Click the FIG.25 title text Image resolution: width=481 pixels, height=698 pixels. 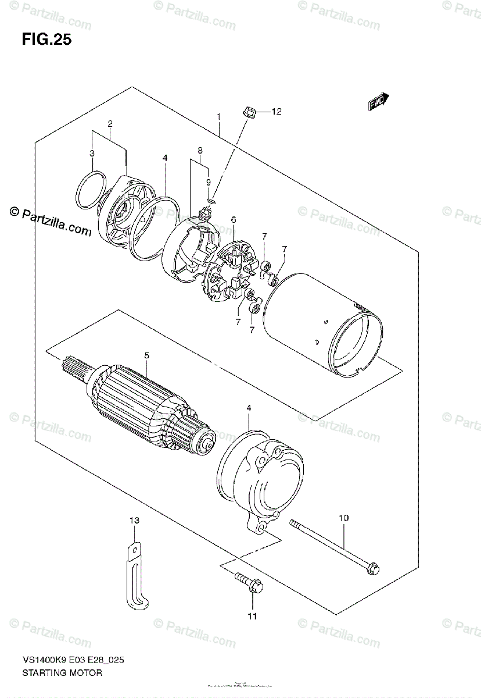(46, 40)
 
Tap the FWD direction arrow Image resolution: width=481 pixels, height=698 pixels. (378, 102)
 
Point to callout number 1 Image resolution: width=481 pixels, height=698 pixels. (218, 117)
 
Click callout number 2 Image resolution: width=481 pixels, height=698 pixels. (109, 123)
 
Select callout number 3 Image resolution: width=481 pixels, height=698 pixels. (91, 153)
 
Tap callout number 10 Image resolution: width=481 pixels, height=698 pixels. (343, 517)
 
